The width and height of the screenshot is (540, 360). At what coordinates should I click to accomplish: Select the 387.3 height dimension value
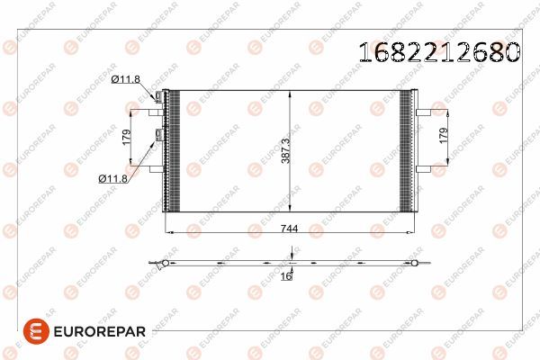(283, 149)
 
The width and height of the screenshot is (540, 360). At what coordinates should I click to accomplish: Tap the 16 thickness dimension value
(285, 277)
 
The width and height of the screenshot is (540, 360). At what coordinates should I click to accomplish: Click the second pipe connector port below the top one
(160, 135)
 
